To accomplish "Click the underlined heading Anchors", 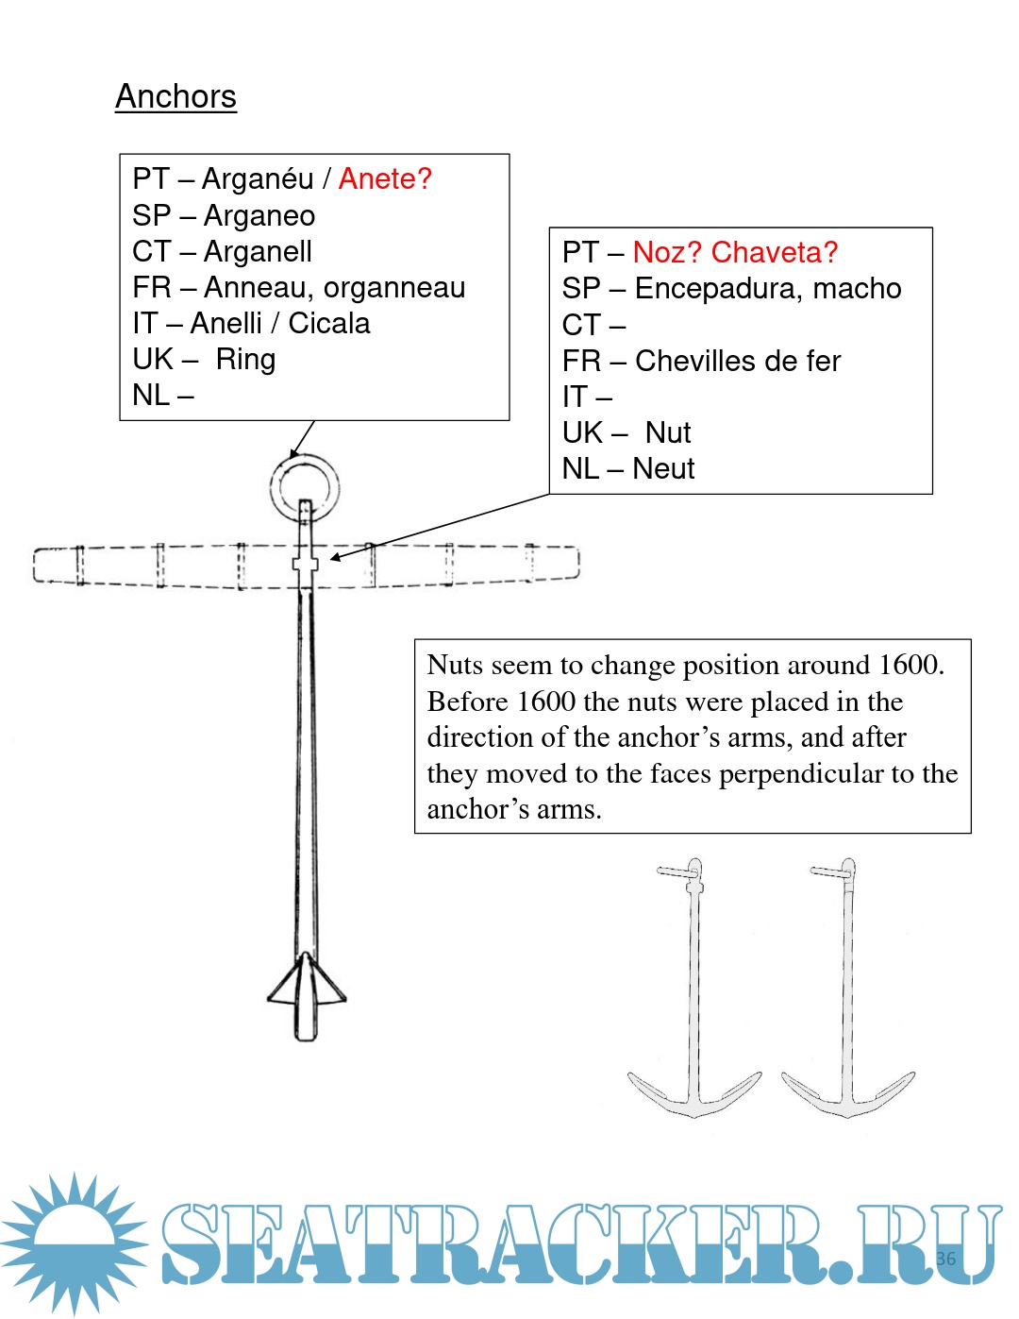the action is tap(175, 96).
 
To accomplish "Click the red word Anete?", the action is tap(385, 178).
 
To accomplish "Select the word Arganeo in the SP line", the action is tap(259, 216).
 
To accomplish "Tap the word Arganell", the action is tap(258, 251).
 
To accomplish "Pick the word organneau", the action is tap(394, 288).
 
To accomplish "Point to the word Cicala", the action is tap(328, 323).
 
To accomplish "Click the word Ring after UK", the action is tap(245, 360).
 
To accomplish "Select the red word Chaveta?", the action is tap(774, 252).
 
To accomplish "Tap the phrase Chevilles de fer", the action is tap(738, 362).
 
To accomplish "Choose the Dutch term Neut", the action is tap(663, 468).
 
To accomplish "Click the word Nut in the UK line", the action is tap(668, 432).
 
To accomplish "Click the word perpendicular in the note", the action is tap(801, 774).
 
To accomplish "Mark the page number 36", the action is tap(946, 1259).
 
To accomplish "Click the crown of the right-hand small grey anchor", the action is tap(848, 1112).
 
